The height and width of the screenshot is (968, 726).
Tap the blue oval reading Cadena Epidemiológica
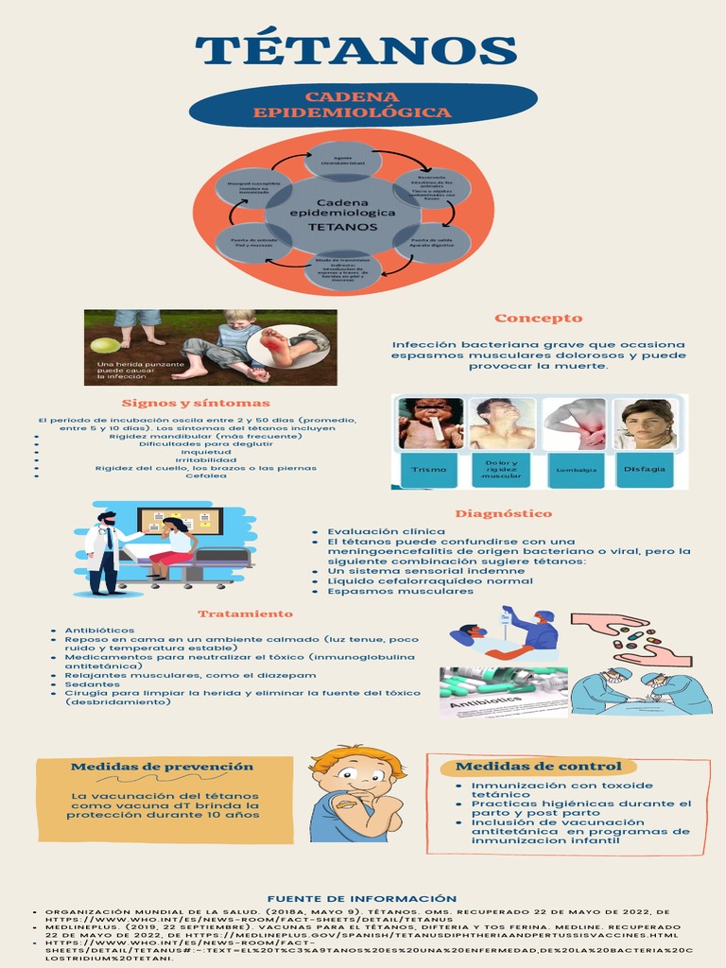[x=363, y=105]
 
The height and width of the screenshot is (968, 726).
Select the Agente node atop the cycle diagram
[x=343, y=159]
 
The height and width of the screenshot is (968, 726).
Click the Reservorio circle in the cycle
[x=424, y=187]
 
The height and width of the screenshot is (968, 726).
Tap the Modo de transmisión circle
[x=343, y=268]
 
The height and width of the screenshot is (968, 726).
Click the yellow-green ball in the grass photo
[x=105, y=345]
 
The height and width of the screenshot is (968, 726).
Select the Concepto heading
[x=538, y=318]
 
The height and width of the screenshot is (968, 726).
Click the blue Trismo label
[x=429, y=469]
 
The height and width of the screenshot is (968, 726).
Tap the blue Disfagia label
[x=645, y=469]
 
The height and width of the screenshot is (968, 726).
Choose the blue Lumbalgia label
[x=577, y=469]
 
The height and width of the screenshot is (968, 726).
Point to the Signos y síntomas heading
[x=197, y=404]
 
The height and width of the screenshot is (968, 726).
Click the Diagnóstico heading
[x=503, y=513]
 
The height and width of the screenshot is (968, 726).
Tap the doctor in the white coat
[x=102, y=554]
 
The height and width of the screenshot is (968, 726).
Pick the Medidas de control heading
[x=539, y=766]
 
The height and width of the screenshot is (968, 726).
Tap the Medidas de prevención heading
[x=163, y=766]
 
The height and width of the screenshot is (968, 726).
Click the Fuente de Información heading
[x=362, y=898]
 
